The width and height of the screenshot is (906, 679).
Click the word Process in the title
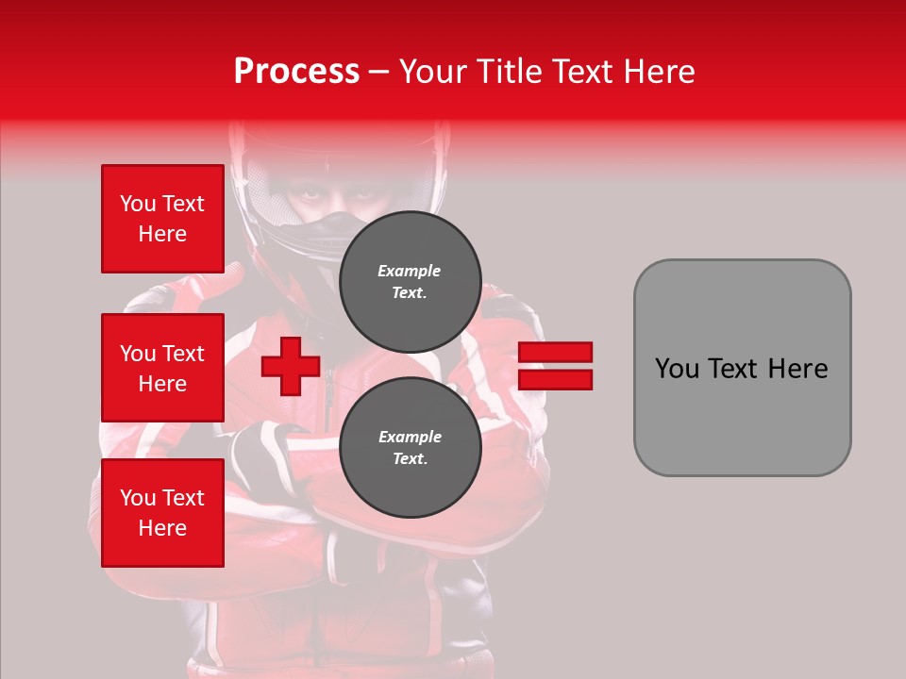click(296, 72)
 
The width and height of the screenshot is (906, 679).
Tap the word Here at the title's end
click(656, 72)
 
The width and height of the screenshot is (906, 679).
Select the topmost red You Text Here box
click(162, 219)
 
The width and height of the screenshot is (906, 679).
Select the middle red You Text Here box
click(162, 368)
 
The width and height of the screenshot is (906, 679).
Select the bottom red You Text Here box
click(162, 513)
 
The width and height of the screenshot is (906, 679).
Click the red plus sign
click(291, 367)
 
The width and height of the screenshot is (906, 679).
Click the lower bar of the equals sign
click(555, 379)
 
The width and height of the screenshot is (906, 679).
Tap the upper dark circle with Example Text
click(410, 281)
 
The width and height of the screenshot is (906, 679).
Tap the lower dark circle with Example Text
click(410, 447)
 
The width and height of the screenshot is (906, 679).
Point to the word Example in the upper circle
click(410, 271)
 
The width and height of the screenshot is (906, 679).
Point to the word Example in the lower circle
click(410, 437)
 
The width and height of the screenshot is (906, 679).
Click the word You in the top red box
click(138, 204)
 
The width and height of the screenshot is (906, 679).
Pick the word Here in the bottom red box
click(162, 528)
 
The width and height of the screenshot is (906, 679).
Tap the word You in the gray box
click(676, 369)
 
